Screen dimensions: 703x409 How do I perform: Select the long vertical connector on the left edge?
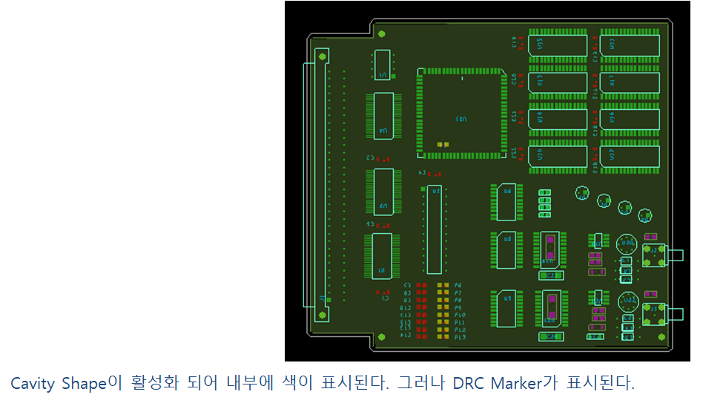coord(321,184)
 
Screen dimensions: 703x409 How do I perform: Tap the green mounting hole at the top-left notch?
coord(381,34)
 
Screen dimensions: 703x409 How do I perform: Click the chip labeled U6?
coord(507,201)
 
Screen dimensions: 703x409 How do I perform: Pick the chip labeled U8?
coord(507,249)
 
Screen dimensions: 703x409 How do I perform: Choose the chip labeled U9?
coord(507,308)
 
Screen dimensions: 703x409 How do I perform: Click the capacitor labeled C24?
coord(550,336)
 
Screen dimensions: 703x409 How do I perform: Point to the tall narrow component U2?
coord(434,229)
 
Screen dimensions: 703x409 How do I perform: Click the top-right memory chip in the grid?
coord(630,45)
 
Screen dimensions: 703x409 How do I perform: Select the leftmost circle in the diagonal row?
coord(582,193)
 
